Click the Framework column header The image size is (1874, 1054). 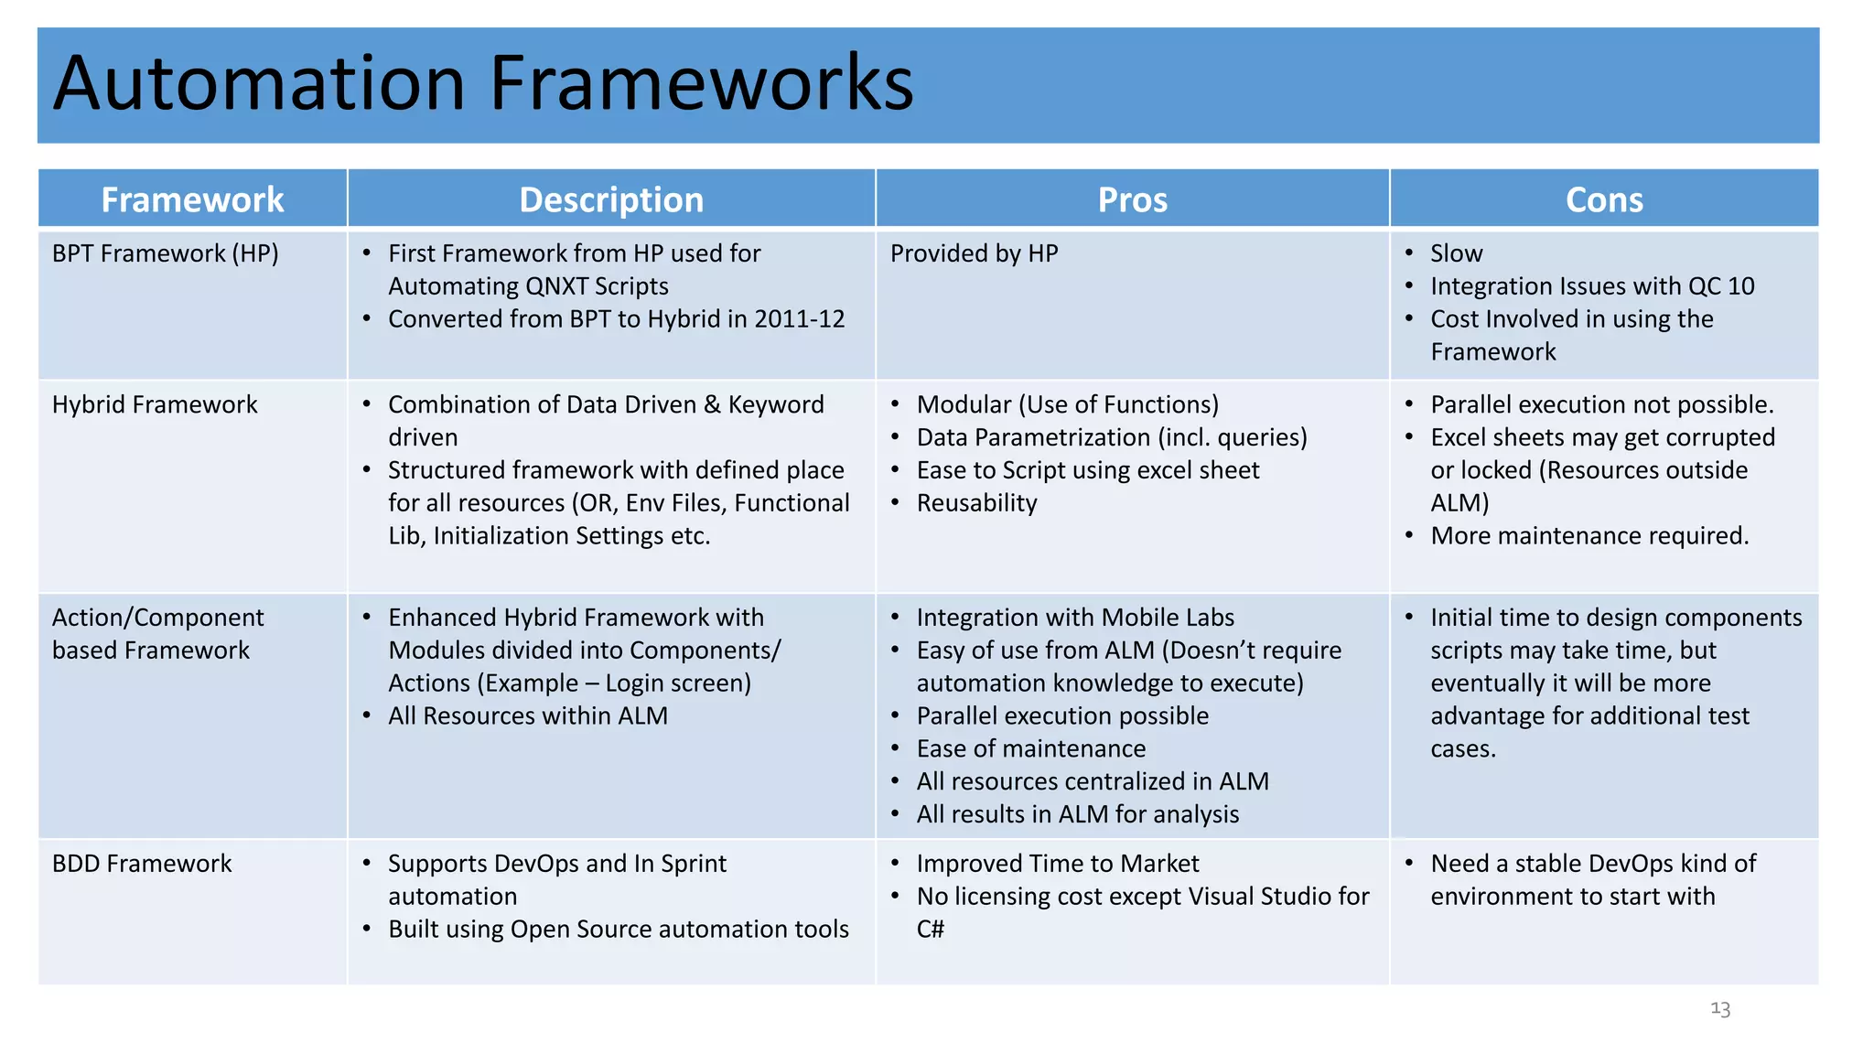192,199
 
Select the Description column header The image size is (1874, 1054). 611,199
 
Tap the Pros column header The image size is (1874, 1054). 1132,199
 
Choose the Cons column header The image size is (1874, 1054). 1604,199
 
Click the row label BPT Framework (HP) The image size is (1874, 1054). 165,253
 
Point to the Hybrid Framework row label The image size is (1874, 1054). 155,404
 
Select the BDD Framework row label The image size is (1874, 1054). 142,864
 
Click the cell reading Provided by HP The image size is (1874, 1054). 974,253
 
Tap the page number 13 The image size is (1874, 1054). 1719,1009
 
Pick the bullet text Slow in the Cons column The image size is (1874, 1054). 1456,253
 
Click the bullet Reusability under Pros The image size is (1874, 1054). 976,503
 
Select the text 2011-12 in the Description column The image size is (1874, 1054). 799,319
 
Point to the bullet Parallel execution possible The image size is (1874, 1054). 1061,716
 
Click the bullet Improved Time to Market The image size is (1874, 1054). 1057,864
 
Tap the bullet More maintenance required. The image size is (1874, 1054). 1589,536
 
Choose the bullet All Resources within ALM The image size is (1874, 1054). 527,716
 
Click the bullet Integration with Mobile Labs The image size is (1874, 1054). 1074,618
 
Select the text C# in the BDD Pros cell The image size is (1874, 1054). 930,930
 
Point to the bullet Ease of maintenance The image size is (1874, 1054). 1030,749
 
